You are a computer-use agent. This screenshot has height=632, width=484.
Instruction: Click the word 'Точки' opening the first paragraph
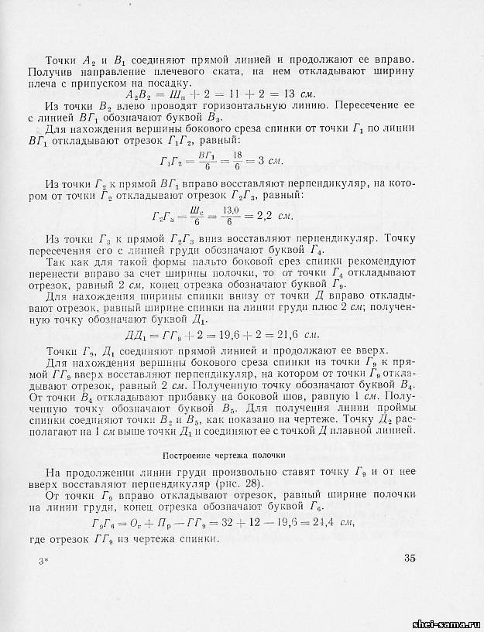point(63,60)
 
